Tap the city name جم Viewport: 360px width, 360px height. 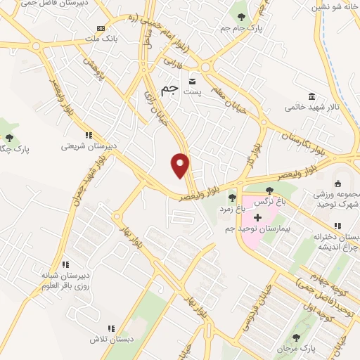[169, 89]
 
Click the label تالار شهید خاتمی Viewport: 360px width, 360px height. [310, 108]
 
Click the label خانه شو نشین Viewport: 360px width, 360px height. [336, 6]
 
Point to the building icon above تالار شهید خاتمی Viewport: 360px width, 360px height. [310, 96]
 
